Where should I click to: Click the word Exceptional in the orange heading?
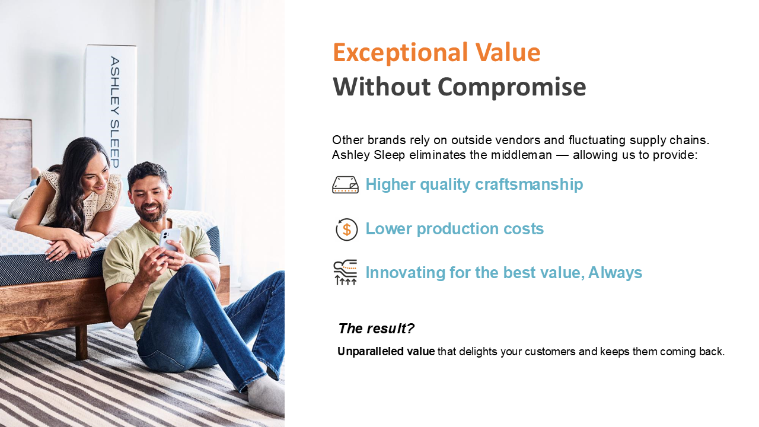click(400, 53)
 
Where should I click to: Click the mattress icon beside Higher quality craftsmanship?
click(345, 184)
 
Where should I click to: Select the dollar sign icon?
click(346, 230)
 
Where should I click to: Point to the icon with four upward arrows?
click(345, 272)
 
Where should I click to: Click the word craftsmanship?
click(529, 184)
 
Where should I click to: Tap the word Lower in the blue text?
click(388, 229)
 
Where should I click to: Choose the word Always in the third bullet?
click(615, 273)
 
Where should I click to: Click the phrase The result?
click(376, 329)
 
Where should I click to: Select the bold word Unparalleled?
click(371, 352)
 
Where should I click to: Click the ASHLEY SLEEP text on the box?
click(115, 112)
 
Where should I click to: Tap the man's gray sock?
click(266, 395)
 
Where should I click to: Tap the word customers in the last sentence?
click(550, 352)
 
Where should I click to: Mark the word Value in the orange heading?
click(508, 53)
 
